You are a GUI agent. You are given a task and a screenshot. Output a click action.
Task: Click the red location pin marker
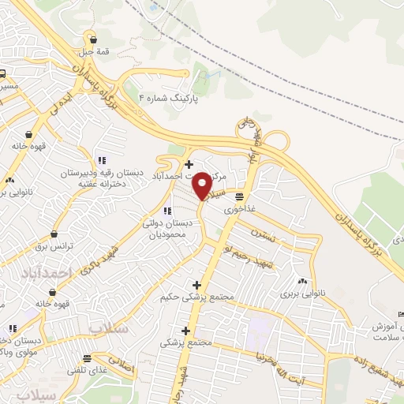point(202,185)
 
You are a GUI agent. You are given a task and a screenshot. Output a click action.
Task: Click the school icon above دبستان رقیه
point(101,159)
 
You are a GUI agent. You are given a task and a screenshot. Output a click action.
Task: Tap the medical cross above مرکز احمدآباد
point(188,164)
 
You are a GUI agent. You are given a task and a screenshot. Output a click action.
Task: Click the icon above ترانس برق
point(54,234)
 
